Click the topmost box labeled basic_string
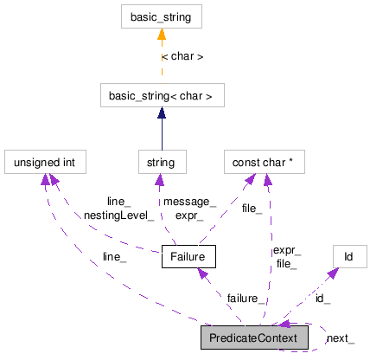(x=162, y=16)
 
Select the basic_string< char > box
(x=162, y=95)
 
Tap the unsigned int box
(x=45, y=162)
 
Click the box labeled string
(x=161, y=162)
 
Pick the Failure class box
(x=188, y=257)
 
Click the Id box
(x=348, y=257)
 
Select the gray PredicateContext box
(x=254, y=337)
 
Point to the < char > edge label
(x=182, y=57)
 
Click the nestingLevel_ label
(x=119, y=215)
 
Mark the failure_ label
(x=246, y=298)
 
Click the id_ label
(x=322, y=298)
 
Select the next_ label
(x=340, y=337)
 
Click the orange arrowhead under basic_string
(x=162, y=35)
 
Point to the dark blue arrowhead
(x=162, y=113)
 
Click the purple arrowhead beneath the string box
(x=159, y=180)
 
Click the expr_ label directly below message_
(x=188, y=215)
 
